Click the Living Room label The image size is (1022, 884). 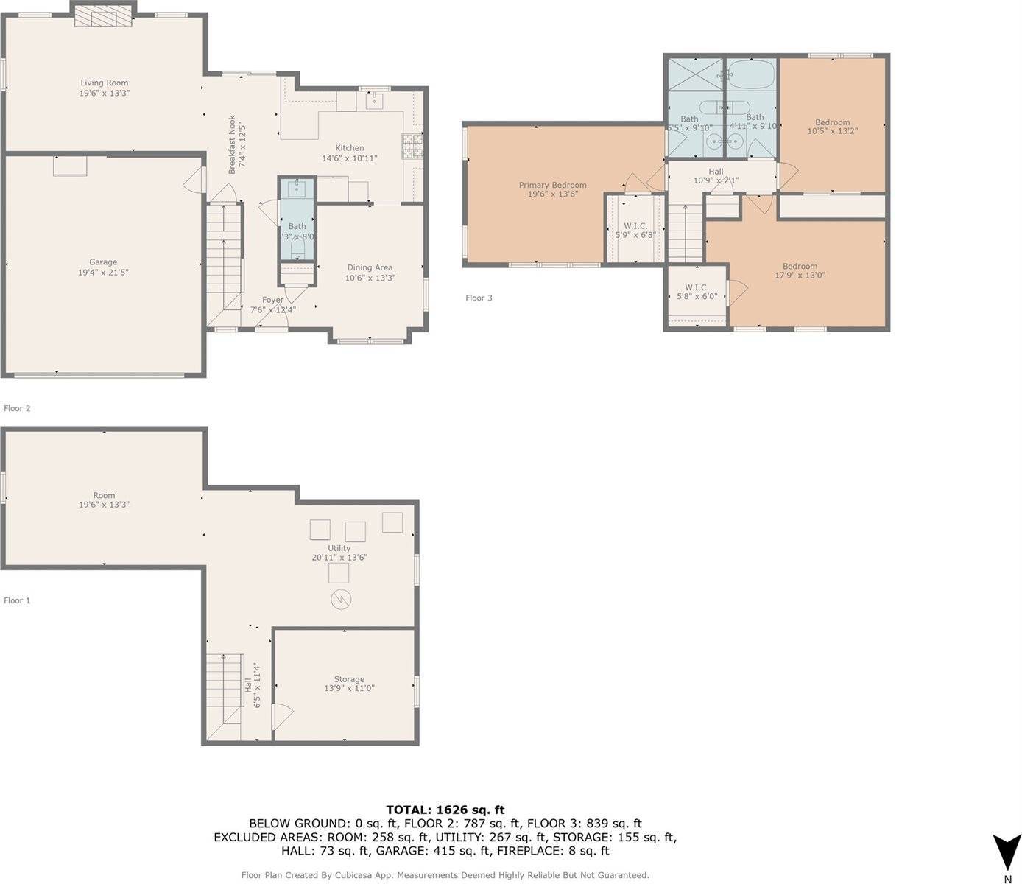pos(104,83)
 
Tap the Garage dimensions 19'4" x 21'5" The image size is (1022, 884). pos(104,273)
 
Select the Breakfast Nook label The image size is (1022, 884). pos(232,144)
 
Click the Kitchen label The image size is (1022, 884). pos(350,148)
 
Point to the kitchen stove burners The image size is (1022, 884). pos(412,146)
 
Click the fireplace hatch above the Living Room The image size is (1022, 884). pos(104,15)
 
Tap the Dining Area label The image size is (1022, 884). pos(370,267)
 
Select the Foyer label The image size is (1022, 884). pos(272,300)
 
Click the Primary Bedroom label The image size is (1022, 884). pos(552,185)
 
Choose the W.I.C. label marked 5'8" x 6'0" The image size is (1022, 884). pos(697,287)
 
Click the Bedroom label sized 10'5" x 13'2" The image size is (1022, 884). pos(832,122)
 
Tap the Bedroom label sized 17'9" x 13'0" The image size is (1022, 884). pos(800,266)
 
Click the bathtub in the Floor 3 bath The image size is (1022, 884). pos(751,75)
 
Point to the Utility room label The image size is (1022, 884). pos(339,548)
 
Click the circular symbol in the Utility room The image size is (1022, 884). pos(340,600)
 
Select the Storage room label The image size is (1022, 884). pos(349,679)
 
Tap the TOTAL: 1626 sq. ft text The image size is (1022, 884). pos(445,810)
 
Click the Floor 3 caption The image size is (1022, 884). pos(479,298)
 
